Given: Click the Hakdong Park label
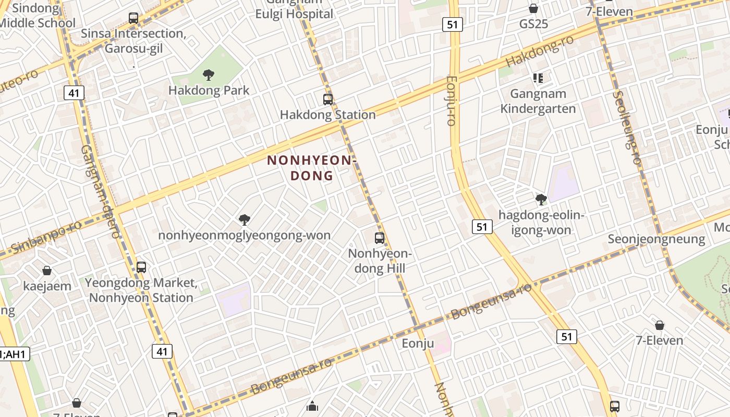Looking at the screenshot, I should pyautogui.click(x=209, y=90).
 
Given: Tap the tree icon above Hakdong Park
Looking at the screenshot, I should pyautogui.click(x=209, y=75).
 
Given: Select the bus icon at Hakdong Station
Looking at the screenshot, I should pyautogui.click(x=328, y=99).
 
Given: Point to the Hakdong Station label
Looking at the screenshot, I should pyautogui.click(x=328, y=115).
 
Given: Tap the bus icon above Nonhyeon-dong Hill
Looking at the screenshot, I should pyautogui.click(x=380, y=238).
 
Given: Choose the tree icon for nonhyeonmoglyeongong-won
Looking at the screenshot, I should pyautogui.click(x=244, y=220).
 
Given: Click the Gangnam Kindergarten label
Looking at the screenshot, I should pyautogui.click(x=538, y=101).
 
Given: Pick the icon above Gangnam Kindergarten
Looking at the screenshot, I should pyautogui.click(x=538, y=79).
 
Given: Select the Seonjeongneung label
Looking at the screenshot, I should pyautogui.click(x=656, y=239).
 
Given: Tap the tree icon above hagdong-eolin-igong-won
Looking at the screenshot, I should pyautogui.click(x=541, y=199).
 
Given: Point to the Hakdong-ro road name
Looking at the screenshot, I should pyautogui.click(x=540, y=52).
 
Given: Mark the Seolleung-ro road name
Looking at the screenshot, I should pyautogui.click(x=626, y=128).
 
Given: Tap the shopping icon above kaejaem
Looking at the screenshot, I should pyautogui.click(x=47, y=271).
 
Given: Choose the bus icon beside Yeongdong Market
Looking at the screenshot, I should pyautogui.click(x=141, y=267).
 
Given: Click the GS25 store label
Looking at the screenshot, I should pyautogui.click(x=533, y=24).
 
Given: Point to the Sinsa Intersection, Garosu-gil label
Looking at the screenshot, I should pyautogui.click(x=133, y=41).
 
